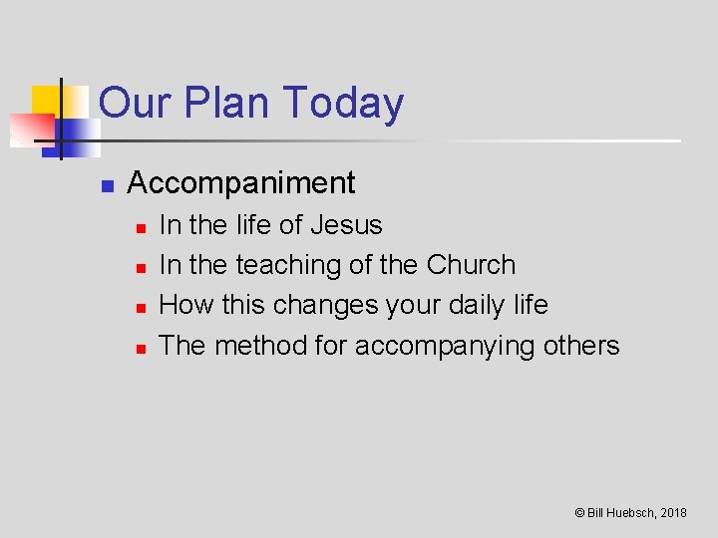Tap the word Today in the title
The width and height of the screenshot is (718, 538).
coord(344,104)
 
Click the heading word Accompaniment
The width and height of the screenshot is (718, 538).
coord(241,183)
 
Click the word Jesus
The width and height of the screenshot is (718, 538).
coord(346,225)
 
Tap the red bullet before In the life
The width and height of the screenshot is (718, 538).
coord(141,228)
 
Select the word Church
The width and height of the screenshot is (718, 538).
coord(471,265)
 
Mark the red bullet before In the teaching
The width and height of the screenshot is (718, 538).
coord(141,268)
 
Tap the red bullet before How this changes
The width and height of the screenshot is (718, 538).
coord(141,308)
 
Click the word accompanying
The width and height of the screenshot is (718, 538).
coord(445,347)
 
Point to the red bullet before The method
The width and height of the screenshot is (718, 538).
coord(141,349)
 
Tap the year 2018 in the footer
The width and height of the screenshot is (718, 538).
coord(673,513)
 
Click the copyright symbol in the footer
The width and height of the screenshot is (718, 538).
coord(579,513)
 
